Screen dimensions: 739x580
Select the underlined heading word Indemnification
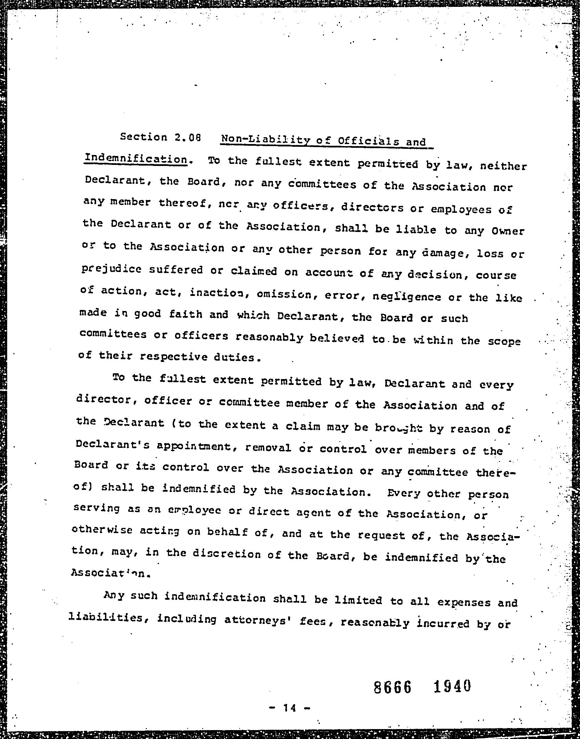[136, 159]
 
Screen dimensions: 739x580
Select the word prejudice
[111, 270]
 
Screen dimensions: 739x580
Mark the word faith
[185, 314]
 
